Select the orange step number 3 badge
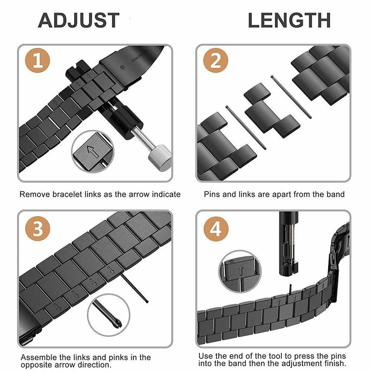[x=37, y=229]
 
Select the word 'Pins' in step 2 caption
[x=211, y=194]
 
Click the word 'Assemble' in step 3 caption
[x=36, y=357]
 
